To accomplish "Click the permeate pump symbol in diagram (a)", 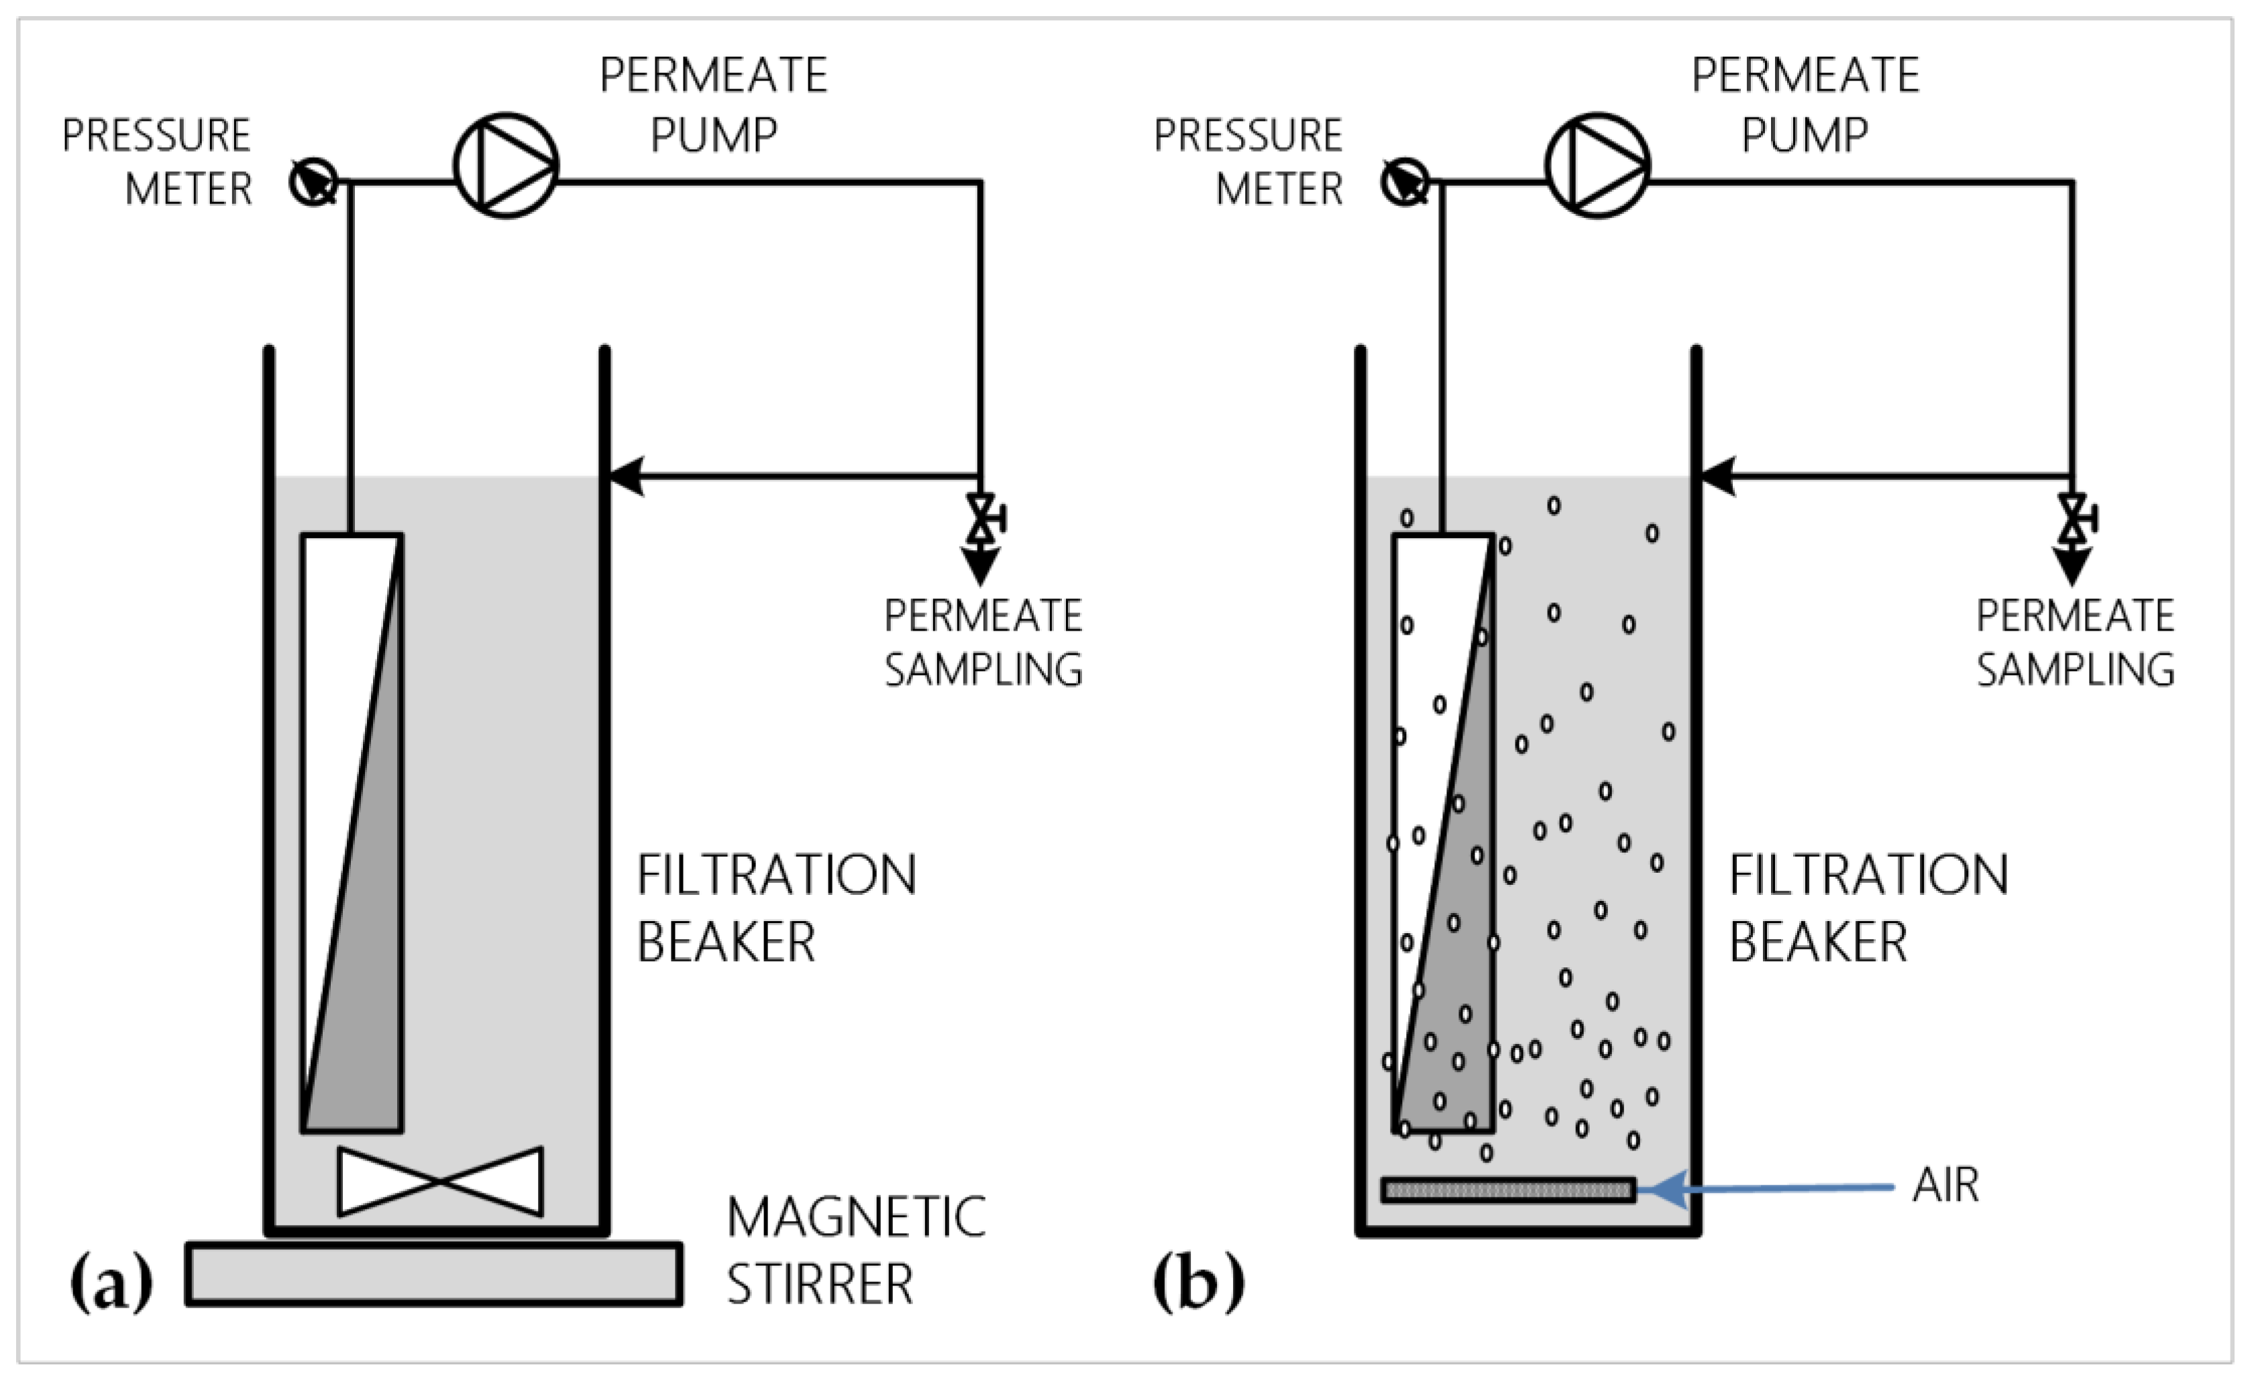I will pyautogui.click(x=506, y=166).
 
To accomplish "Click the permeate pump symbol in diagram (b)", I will pyautogui.click(x=1597, y=166).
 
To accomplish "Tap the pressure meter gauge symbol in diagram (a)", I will pyautogui.click(x=313, y=181).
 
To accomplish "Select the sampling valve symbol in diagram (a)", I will pyautogui.click(x=981, y=519).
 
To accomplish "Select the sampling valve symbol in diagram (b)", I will pyautogui.click(x=2073, y=519).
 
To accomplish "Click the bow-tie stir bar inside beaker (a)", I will pyautogui.click(x=440, y=1181).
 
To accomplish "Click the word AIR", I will pyautogui.click(x=1945, y=1185).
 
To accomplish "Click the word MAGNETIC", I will pyautogui.click(x=856, y=1218).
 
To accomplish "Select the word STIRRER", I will pyautogui.click(x=820, y=1284).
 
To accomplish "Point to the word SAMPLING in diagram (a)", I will pyautogui.click(x=983, y=670).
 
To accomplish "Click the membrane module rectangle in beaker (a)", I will pyautogui.click(x=352, y=833).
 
